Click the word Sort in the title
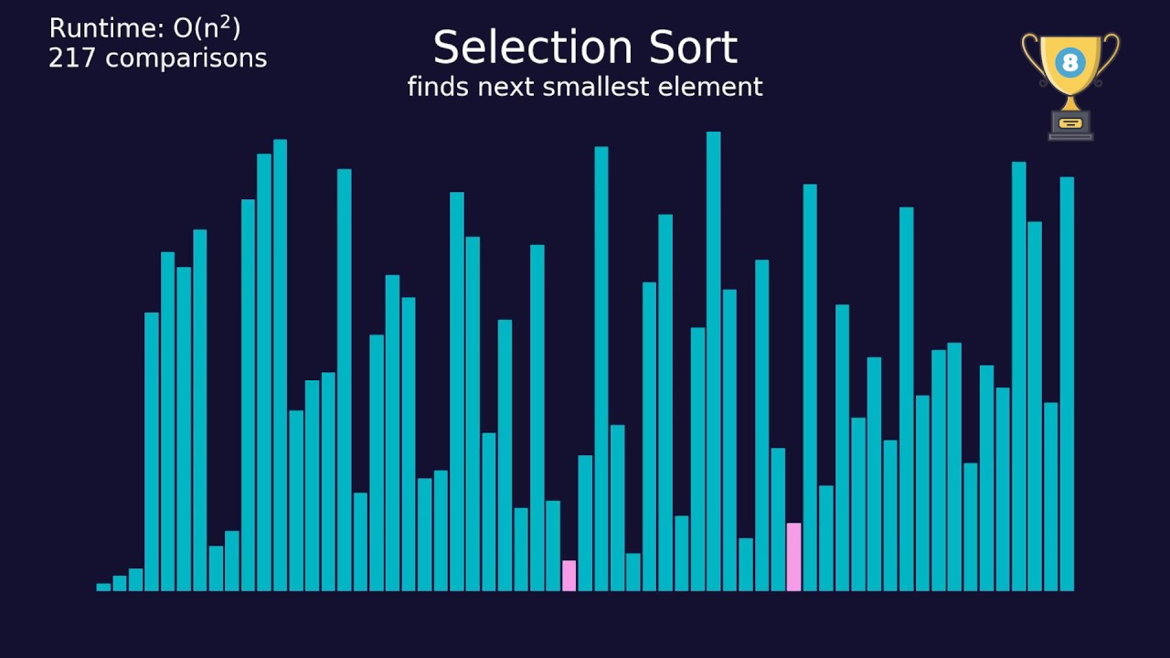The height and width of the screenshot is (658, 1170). coord(695,48)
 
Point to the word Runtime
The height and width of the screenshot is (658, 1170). coord(106,29)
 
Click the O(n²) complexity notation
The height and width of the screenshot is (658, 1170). coord(207,28)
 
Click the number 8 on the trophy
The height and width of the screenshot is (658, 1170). coord(1069,63)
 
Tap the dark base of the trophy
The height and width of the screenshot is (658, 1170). coord(1070,125)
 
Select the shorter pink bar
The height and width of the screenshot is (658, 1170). coord(569,576)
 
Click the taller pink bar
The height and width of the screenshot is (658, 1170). coord(793,557)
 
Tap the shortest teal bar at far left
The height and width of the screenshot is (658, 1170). coord(103,587)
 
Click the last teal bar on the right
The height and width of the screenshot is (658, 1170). coord(1067,384)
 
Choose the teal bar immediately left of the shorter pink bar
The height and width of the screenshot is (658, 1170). coord(553,546)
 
